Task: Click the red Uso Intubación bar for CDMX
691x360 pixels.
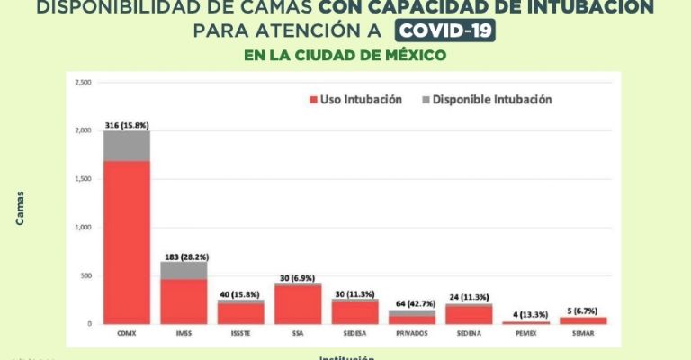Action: tap(126, 241)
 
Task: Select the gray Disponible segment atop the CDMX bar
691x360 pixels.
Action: tap(126, 146)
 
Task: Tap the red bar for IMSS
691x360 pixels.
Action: tap(184, 301)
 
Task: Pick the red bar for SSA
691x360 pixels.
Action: tap(298, 304)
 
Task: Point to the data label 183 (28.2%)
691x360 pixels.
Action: tap(184, 256)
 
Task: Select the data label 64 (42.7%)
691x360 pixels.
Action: tap(412, 302)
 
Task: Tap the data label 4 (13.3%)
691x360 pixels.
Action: tap(526, 314)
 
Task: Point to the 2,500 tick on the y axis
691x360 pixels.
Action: tap(85, 83)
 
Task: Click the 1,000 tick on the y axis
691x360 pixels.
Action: tap(85, 227)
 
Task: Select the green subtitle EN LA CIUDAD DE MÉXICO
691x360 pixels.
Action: tap(345, 55)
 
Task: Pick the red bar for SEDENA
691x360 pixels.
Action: tap(469, 314)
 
